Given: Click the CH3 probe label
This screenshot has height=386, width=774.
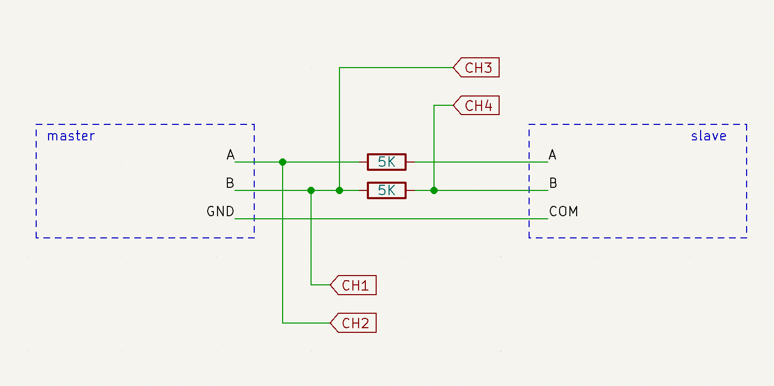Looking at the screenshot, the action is pos(476,67).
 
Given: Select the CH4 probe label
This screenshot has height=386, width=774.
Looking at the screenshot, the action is pos(476,105).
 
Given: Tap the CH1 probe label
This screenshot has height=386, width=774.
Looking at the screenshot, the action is pos(353,285).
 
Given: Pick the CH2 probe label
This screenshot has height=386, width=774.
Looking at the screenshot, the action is pos(353,323).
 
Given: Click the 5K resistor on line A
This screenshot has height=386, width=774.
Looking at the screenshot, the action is pos(386,162).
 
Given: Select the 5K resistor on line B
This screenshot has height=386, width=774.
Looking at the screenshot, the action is pos(386,190).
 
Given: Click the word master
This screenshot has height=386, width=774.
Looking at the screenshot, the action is pos(71,136).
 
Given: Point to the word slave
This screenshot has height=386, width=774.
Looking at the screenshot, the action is pos(709,136).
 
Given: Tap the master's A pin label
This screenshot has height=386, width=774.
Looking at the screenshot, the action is pos(230,154).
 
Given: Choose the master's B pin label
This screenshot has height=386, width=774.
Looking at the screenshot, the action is pos(230,183).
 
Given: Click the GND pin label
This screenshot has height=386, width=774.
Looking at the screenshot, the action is pos(221,211).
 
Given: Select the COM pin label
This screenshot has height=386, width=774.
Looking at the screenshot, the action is pos(564,211).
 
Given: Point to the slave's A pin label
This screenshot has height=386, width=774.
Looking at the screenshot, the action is pos(552,154).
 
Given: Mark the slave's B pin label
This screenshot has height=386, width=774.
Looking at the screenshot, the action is pos(553,183).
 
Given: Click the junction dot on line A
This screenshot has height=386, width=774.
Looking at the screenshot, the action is pos(283,162).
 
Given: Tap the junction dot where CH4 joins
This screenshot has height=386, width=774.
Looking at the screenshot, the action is pos(434,190).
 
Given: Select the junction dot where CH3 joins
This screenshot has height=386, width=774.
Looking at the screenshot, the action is pos(339,190).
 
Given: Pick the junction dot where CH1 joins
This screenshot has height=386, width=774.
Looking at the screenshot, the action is pos(311,190).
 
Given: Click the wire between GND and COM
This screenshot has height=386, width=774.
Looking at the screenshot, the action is pos(391,219).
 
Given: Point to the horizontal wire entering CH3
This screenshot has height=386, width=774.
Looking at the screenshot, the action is pos(396,68).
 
